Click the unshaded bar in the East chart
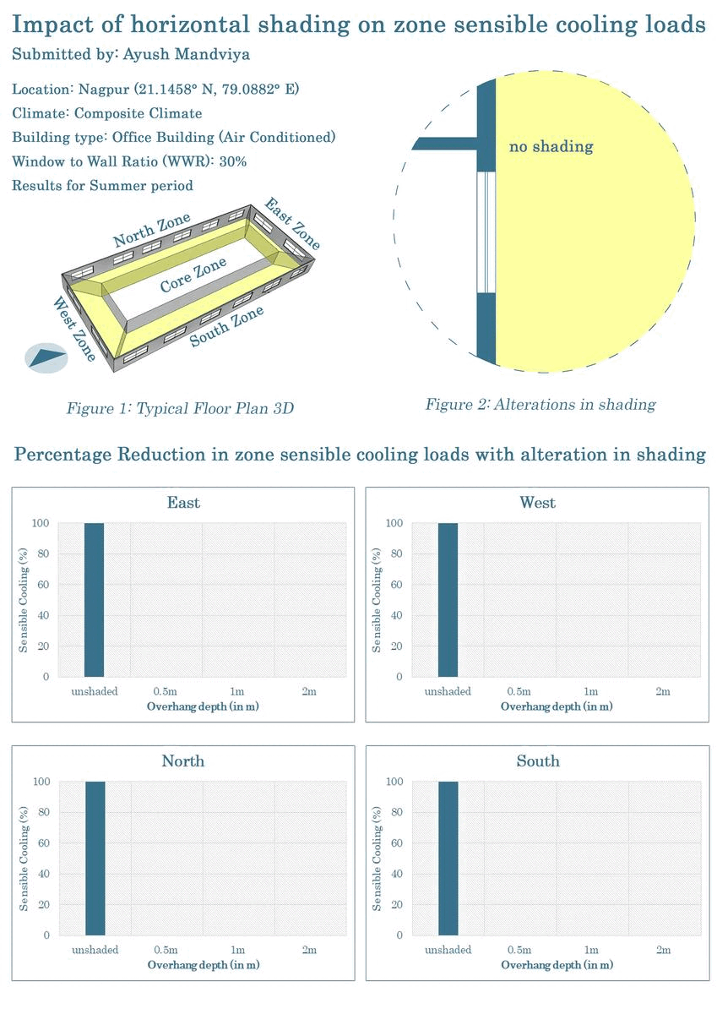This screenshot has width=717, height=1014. click(x=94, y=600)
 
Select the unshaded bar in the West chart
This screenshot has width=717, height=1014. click(x=448, y=600)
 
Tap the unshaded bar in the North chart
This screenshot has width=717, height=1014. click(x=94, y=859)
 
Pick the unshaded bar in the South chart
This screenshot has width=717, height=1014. click(x=448, y=859)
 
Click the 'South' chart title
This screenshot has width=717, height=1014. click(x=538, y=761)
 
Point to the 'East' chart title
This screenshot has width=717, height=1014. click(x=183, y=503)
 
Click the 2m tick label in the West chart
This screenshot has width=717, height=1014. click(x=663, y=691)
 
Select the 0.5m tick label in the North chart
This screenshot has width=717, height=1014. click(x=166, y=950)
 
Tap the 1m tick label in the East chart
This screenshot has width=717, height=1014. click(x=237, y=691)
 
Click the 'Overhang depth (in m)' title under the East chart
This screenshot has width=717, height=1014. click(x=203, y=706)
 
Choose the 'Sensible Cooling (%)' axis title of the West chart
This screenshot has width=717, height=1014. click(x=377, y=600)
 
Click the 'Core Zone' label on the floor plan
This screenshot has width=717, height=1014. click(x=193, y=275)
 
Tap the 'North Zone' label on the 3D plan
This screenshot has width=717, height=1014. click(x=152, y=230)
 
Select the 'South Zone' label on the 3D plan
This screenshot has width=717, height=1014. click(x=226, y=327)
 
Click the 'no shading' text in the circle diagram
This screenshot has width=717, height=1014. click(x=551, y=147)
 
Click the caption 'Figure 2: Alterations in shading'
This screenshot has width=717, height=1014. click(x=540, y=404)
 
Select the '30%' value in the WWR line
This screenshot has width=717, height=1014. click(x=233, y=161)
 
